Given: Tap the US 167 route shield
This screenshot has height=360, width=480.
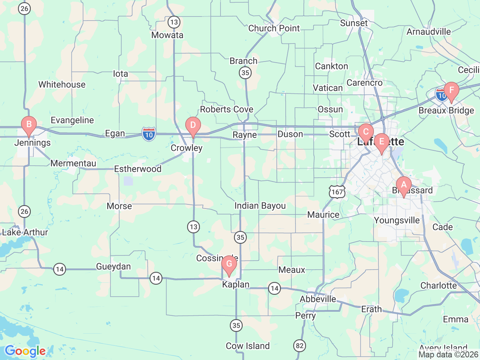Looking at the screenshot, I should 337,192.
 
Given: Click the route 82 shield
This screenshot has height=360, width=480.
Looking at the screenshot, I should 300,345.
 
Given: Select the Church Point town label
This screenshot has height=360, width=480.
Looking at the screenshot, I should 274,28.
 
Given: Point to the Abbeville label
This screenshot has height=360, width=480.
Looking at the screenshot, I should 318,299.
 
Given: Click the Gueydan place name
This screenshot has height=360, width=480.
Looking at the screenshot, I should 113,267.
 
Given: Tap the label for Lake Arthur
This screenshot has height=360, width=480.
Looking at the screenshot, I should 25,232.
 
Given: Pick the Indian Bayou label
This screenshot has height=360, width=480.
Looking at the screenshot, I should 260,206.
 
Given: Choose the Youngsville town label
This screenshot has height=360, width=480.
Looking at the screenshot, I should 397,220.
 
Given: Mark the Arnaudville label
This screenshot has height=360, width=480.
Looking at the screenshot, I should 429,31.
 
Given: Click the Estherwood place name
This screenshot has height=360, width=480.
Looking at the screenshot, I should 138,169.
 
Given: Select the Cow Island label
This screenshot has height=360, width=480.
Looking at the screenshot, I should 247,346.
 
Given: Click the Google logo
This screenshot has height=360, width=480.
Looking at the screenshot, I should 25,351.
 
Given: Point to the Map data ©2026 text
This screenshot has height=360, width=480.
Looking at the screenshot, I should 448,354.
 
